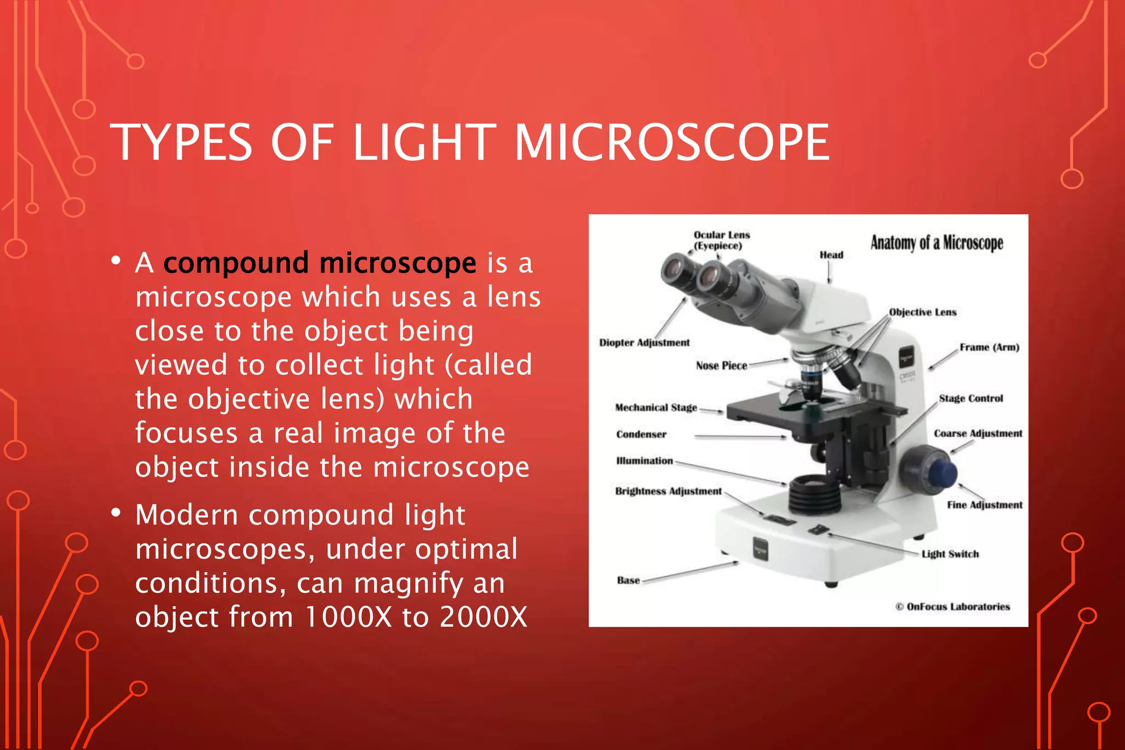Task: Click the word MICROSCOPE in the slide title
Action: coord(671,143)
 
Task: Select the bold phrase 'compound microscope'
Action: coord(320,263)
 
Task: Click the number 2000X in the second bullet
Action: coord(483,616)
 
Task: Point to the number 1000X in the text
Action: coord(348,616)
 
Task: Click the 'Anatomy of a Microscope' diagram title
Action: coord(937,242)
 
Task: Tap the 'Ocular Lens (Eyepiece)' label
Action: coord(721,240)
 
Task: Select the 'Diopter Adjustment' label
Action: coord(644,343)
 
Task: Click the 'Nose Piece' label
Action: coord(721,366)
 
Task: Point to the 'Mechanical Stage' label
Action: coord(655,408)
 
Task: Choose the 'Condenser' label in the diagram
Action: coord(641,435)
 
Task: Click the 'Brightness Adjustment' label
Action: coord(668,491)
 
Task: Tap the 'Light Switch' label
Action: coord(950,554)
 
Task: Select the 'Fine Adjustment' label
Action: coord(984,505)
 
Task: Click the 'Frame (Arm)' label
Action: coord(989,347)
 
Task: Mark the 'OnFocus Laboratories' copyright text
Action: coord(953,607)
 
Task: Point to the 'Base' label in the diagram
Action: coord(628,580)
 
